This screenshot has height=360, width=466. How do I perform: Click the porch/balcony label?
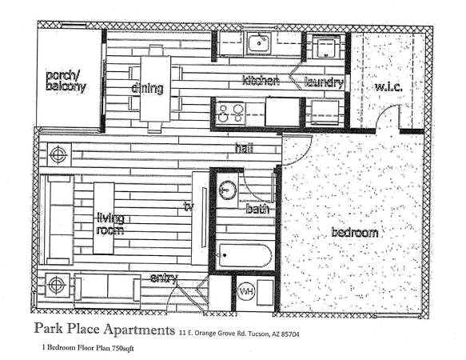point(66,82)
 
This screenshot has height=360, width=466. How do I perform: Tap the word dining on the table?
point(147,88)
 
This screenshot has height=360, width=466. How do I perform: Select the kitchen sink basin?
point(259,44)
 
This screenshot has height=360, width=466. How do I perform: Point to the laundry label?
point(324,82)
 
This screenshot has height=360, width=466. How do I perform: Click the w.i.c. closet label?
point(388,87)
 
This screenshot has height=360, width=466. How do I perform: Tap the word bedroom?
point(355,232)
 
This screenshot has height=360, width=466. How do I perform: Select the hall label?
point(244,148)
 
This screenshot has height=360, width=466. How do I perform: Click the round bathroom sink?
point(228,189)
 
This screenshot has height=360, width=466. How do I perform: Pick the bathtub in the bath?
point(245,255)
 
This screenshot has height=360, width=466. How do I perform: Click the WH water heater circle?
point(246,290)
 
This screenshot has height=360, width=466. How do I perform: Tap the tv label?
point(189,206)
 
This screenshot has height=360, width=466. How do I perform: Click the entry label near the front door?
point(164,278)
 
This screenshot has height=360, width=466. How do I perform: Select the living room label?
point(110,225)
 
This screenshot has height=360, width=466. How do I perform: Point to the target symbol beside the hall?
point(58,154)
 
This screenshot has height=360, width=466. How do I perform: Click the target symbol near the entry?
point(56,285)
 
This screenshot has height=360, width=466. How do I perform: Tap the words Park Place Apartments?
point(105,329)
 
